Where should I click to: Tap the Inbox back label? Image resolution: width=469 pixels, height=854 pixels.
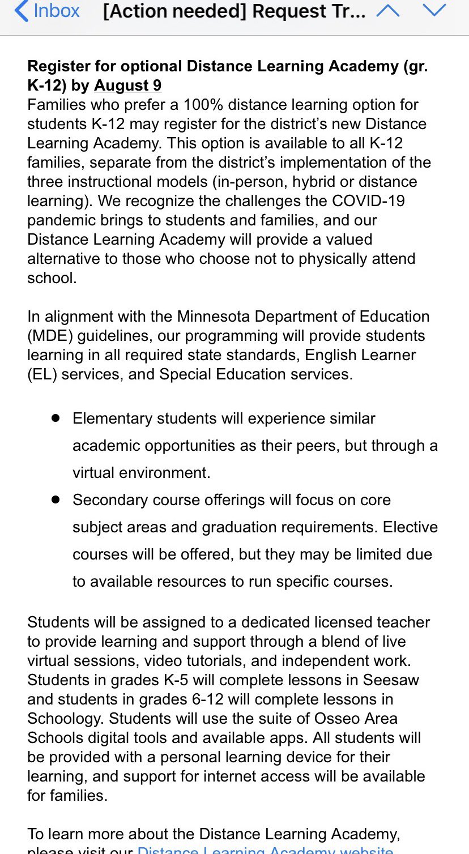click(x=57, y=11)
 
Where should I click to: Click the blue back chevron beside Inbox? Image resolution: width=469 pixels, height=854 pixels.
click(x=21, y=11)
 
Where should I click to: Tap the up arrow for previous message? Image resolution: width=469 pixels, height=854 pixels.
click(x=388, y=11)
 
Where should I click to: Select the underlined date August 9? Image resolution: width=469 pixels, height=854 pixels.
click(x=127, y=86)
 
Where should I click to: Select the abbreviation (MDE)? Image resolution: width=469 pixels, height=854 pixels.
click(x=50, y=335)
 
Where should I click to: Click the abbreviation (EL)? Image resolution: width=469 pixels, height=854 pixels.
click(x=41, y=374)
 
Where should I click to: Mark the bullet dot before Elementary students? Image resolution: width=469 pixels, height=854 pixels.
click(x=56, y=418)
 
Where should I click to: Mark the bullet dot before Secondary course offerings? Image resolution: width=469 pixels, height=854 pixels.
click(x=56, y=499)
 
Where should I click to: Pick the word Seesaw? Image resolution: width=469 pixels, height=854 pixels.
click(x=391, y=680)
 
